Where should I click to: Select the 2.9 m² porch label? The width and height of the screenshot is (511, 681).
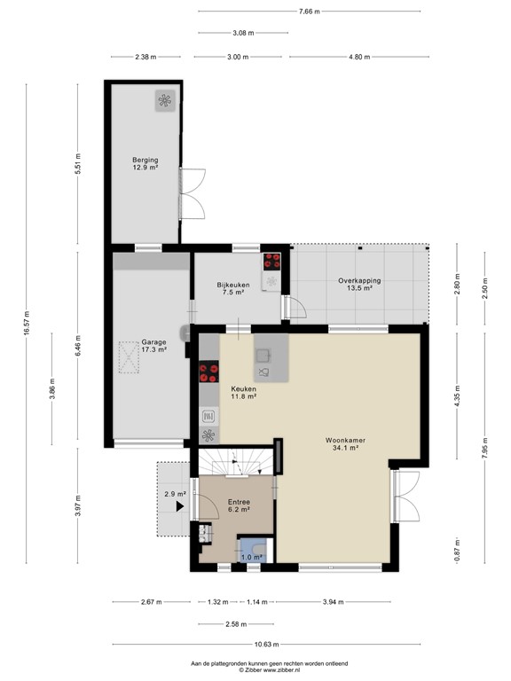click(x=175, y=494)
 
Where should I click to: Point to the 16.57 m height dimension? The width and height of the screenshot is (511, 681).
click(x=28, y=323)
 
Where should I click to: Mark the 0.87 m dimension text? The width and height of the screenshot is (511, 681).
click(x=457, y=548)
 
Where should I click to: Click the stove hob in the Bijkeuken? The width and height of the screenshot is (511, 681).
click(x=271, y=262)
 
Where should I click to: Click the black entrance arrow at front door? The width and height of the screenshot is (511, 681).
click(x=181, y=507)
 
